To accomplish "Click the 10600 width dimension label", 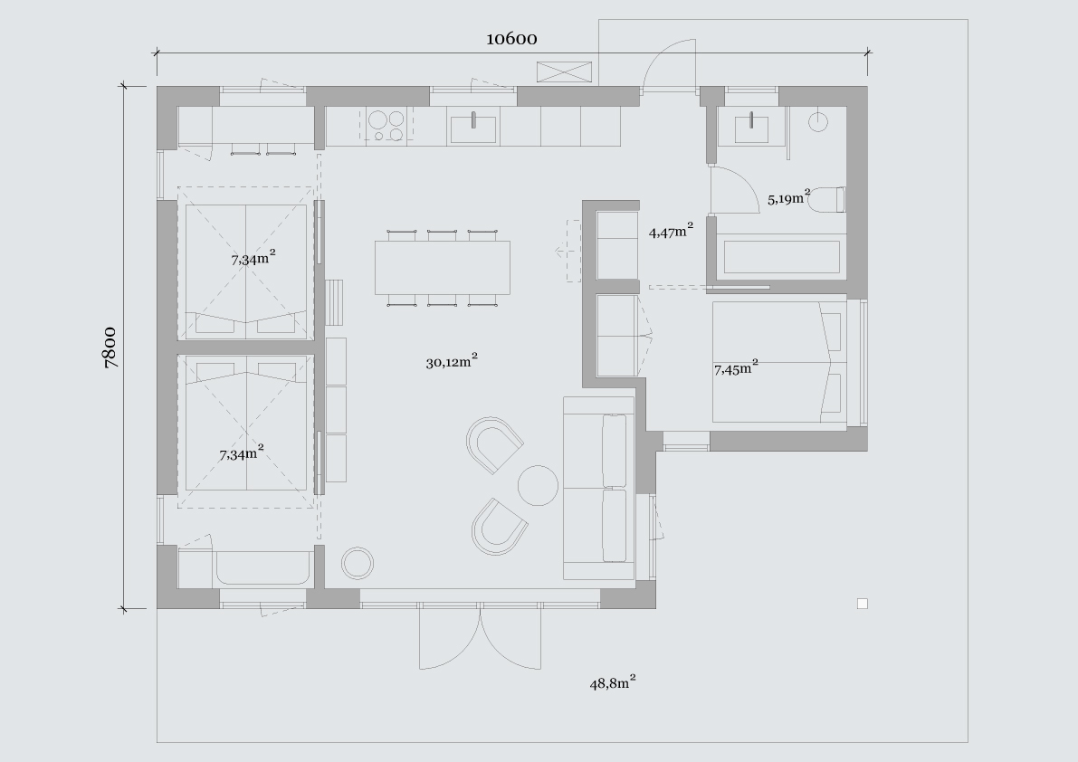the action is (511, 39).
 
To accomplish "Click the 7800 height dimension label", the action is (110, 348).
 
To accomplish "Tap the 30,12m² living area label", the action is (452, 361).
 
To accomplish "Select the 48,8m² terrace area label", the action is (613, 682).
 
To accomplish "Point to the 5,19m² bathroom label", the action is (789, 198).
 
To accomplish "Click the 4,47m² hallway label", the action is (671, 231).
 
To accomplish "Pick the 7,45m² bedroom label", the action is (736, 368).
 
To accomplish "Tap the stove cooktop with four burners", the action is (386, 126).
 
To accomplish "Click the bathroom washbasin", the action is (752, 129).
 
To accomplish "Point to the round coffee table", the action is (538, 485).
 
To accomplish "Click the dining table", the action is (442, 267).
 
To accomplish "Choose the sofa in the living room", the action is (599, 488).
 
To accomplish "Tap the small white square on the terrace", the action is (862, 604).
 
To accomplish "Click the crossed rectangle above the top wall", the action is (564, 73).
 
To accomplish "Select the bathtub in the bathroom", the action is (782, 256).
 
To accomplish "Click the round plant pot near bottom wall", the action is (358, 563).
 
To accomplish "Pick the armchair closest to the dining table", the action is (494, 443).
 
